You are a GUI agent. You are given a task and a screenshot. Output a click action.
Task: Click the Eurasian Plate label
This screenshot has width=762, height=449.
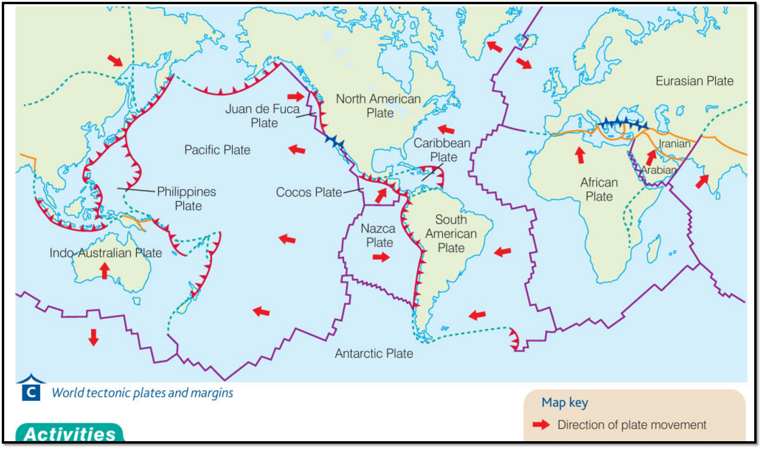click(x=694, y=81)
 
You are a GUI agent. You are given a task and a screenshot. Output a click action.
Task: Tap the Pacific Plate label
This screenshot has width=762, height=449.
click(x=217, y=150)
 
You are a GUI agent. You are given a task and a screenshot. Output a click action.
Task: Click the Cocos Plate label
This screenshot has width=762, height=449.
click(x=308, y=192)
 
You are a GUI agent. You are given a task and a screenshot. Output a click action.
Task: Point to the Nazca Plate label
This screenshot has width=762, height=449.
click(x=379, y=236)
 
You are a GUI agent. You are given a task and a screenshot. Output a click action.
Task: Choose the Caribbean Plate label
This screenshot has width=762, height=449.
click(x=442, y=150)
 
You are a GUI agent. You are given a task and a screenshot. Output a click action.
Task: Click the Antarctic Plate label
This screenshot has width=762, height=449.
click(x=374, y=354)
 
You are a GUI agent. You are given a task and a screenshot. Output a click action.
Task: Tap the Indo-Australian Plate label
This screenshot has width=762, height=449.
click(x=106, y=253)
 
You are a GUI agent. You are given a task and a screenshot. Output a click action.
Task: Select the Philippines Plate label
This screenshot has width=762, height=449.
click(x=187, y=199)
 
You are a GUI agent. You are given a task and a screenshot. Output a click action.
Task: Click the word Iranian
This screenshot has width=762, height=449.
click(x=674, y=144)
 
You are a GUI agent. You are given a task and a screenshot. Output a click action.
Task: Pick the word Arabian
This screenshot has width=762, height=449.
click(x=659, y=170)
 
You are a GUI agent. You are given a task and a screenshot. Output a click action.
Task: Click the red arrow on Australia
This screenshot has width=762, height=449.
click(x=104, y=270)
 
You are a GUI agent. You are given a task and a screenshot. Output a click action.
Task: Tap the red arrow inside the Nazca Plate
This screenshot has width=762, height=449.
click(x=380, y=257)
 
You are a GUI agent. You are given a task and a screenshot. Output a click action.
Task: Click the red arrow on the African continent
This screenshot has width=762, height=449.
click(x=580, y=155)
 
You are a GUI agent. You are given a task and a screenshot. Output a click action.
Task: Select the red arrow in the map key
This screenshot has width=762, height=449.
click(x=541, y=425)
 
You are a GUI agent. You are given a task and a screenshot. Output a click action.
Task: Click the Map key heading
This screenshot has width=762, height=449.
click(x=565, y=403)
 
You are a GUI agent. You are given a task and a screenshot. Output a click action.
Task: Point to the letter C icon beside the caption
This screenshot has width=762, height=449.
click(x=31, y=392)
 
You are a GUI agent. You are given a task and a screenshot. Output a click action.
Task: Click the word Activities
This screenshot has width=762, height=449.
click(x=70, y=434)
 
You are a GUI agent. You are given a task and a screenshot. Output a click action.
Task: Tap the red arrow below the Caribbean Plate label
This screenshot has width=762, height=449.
click(x=380, y=195)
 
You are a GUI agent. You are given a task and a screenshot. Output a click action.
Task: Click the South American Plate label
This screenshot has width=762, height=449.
click(x=451, y=234)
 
